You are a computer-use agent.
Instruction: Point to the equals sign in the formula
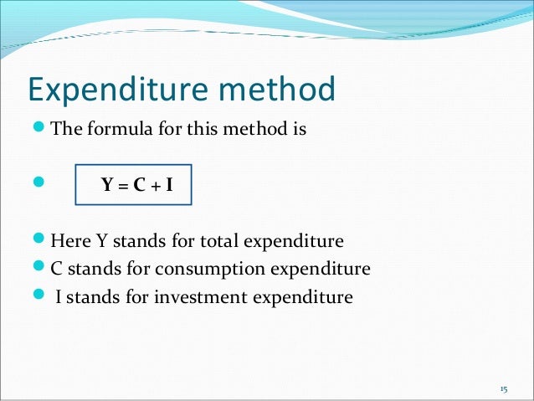pyautogui.click(x=123, y=186)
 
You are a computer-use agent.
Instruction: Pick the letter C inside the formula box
pyautogui.click(x=137, y=186)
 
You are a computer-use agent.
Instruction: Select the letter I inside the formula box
pyautogui.click(x=168, y=186)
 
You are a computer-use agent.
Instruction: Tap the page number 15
pyautogui.click(x=503, y=388)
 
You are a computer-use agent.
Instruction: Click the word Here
pyautogui.click(x=69, y=242)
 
